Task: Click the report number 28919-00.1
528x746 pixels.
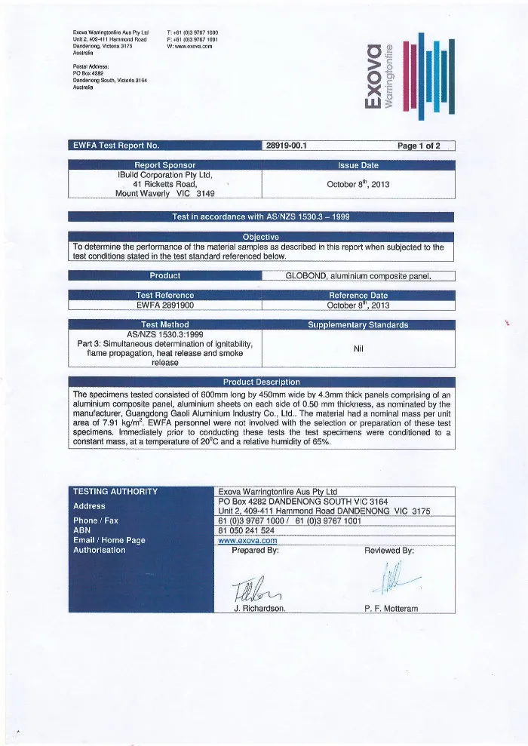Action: click(284, 146)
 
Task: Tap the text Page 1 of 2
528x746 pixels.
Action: click(424, 146)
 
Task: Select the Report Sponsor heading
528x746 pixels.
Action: click(164, 165)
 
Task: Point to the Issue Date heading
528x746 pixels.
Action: click(358, 165)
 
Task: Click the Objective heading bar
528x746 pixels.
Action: click(261, 237)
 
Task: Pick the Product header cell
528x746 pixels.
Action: click(164, 275)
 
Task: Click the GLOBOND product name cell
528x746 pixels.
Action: click(358, 275)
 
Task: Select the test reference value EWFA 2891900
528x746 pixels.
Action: click(164, 305)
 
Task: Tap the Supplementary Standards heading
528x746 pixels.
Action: click(358, 325)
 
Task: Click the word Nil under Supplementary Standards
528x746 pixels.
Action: click(358, 348)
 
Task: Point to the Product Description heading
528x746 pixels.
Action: click(261, 382)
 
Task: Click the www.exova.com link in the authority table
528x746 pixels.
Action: click(247, 540)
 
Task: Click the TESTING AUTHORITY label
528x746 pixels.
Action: click(115, 492)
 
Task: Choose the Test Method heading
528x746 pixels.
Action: click(164, 325)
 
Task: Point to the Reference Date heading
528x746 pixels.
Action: click(358, 296)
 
